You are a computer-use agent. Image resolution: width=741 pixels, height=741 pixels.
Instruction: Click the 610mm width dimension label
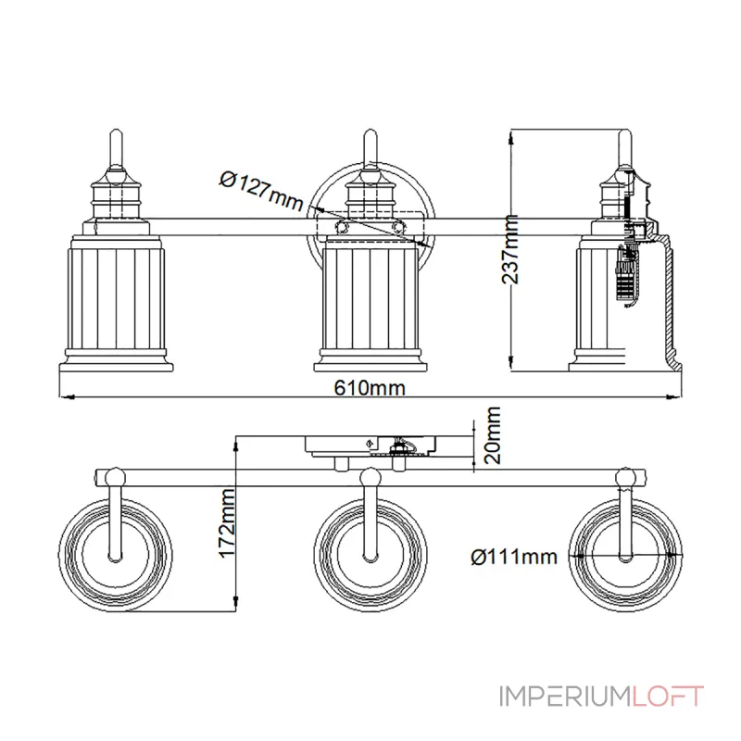click(370, 388)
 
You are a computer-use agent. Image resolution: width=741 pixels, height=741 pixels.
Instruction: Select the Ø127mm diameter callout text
click(262, 190)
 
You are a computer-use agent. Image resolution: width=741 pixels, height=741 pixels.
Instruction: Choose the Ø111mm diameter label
click(513, 557)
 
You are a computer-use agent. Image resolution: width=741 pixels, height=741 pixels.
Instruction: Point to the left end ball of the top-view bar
click(114, 478)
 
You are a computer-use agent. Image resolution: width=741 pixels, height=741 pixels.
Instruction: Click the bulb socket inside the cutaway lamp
click(627, 273)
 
